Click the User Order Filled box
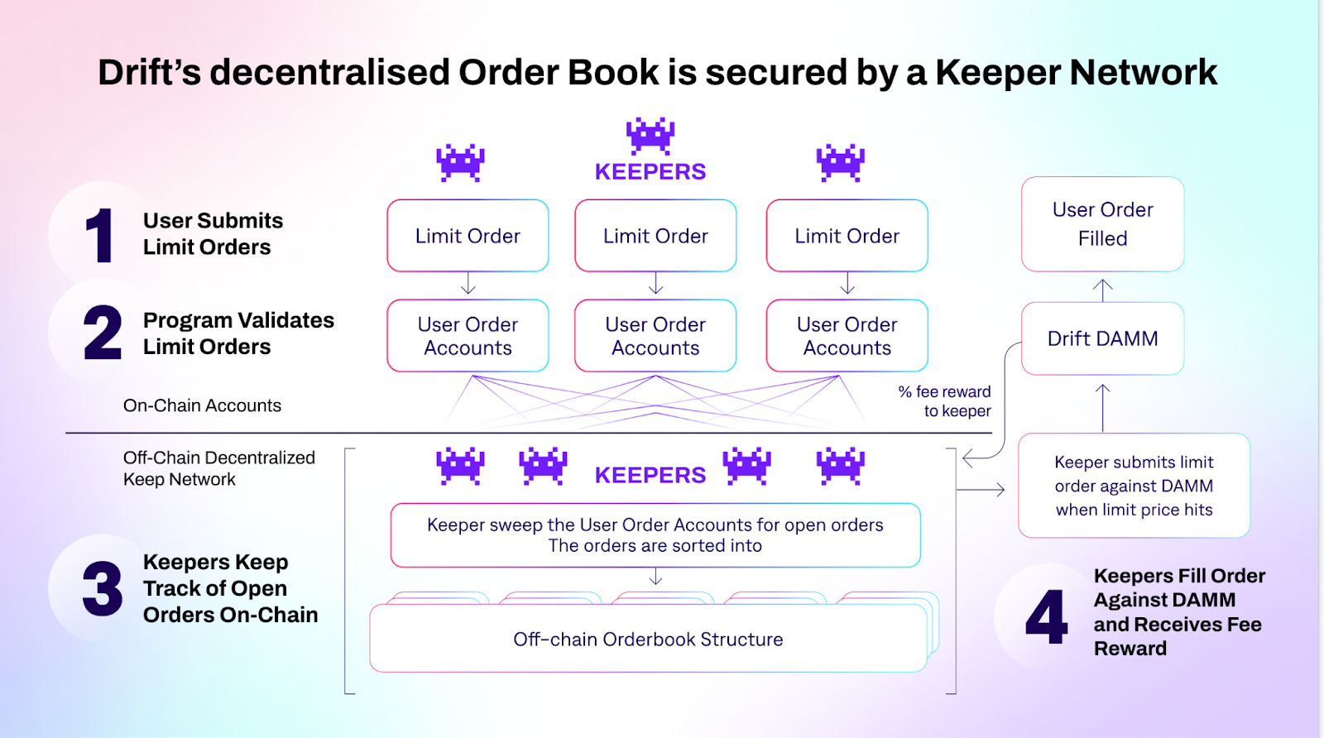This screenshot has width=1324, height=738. pos(1102,224)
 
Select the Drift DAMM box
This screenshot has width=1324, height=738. pos(1102,338)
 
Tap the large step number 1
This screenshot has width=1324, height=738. pos(100,236)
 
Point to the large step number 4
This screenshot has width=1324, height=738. pos(1046,616)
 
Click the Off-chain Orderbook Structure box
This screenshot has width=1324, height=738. pos(648,640)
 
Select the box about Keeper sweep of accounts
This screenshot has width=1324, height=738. pos(655,535)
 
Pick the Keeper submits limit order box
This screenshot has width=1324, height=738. pos(1134,486)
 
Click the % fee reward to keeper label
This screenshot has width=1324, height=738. pos(945,401)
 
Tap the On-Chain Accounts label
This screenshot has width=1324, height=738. pos(202,405)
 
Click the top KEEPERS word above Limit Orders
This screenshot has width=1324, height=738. pos(650,172)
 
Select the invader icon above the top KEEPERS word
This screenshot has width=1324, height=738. pos(650,135)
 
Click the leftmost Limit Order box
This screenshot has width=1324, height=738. pos(468,236)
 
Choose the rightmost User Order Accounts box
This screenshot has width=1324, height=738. pos(847,336)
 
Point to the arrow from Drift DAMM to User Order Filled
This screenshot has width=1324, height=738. pos(1102,290)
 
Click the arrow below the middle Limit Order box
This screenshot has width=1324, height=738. pos(655,284)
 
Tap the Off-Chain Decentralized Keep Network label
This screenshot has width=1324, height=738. pos(218,468)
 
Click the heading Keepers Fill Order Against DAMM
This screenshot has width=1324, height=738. pos(1179,611)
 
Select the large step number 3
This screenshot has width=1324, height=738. pos(103,589)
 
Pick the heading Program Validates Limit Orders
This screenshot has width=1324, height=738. pos(238,333)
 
